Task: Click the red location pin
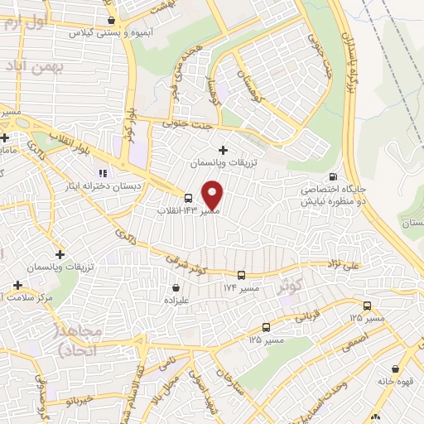(213, 194)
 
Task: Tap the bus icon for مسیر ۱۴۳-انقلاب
(190, 198)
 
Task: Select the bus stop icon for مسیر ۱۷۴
(241, 275)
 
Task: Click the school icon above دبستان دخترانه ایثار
(104, 174)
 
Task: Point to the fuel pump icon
(333, 176)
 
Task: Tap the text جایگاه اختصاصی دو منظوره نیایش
(334, 195)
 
